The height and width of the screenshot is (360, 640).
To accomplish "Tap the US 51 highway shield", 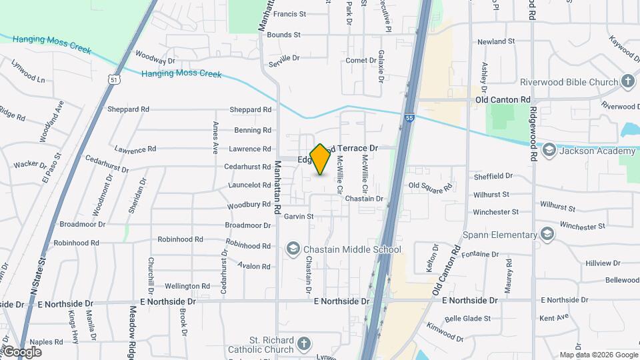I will tap(115, 79).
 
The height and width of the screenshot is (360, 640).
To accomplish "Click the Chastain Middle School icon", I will tap(293, 250).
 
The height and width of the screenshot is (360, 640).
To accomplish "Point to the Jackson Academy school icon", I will tap(549, 151).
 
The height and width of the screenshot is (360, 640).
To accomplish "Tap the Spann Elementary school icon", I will tap(547, 234).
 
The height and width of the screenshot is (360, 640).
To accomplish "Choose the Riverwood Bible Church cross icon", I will tap(627, 82).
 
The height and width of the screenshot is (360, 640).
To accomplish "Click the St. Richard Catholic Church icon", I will tap(303, 344).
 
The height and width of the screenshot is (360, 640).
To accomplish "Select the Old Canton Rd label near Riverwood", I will tap(502, 100).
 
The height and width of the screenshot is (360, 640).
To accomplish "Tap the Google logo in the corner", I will tap(21, 352).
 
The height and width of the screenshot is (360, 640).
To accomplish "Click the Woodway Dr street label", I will tap(155, 57).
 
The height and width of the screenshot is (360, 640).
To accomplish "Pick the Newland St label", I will tap(497, 41).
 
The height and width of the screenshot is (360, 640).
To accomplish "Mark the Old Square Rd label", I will tap(430, 187).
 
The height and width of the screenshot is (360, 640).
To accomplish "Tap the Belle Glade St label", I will tap(467, 319).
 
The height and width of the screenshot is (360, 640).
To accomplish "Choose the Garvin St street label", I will tap(299, 216).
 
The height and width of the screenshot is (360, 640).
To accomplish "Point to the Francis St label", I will tap(289, 13).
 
